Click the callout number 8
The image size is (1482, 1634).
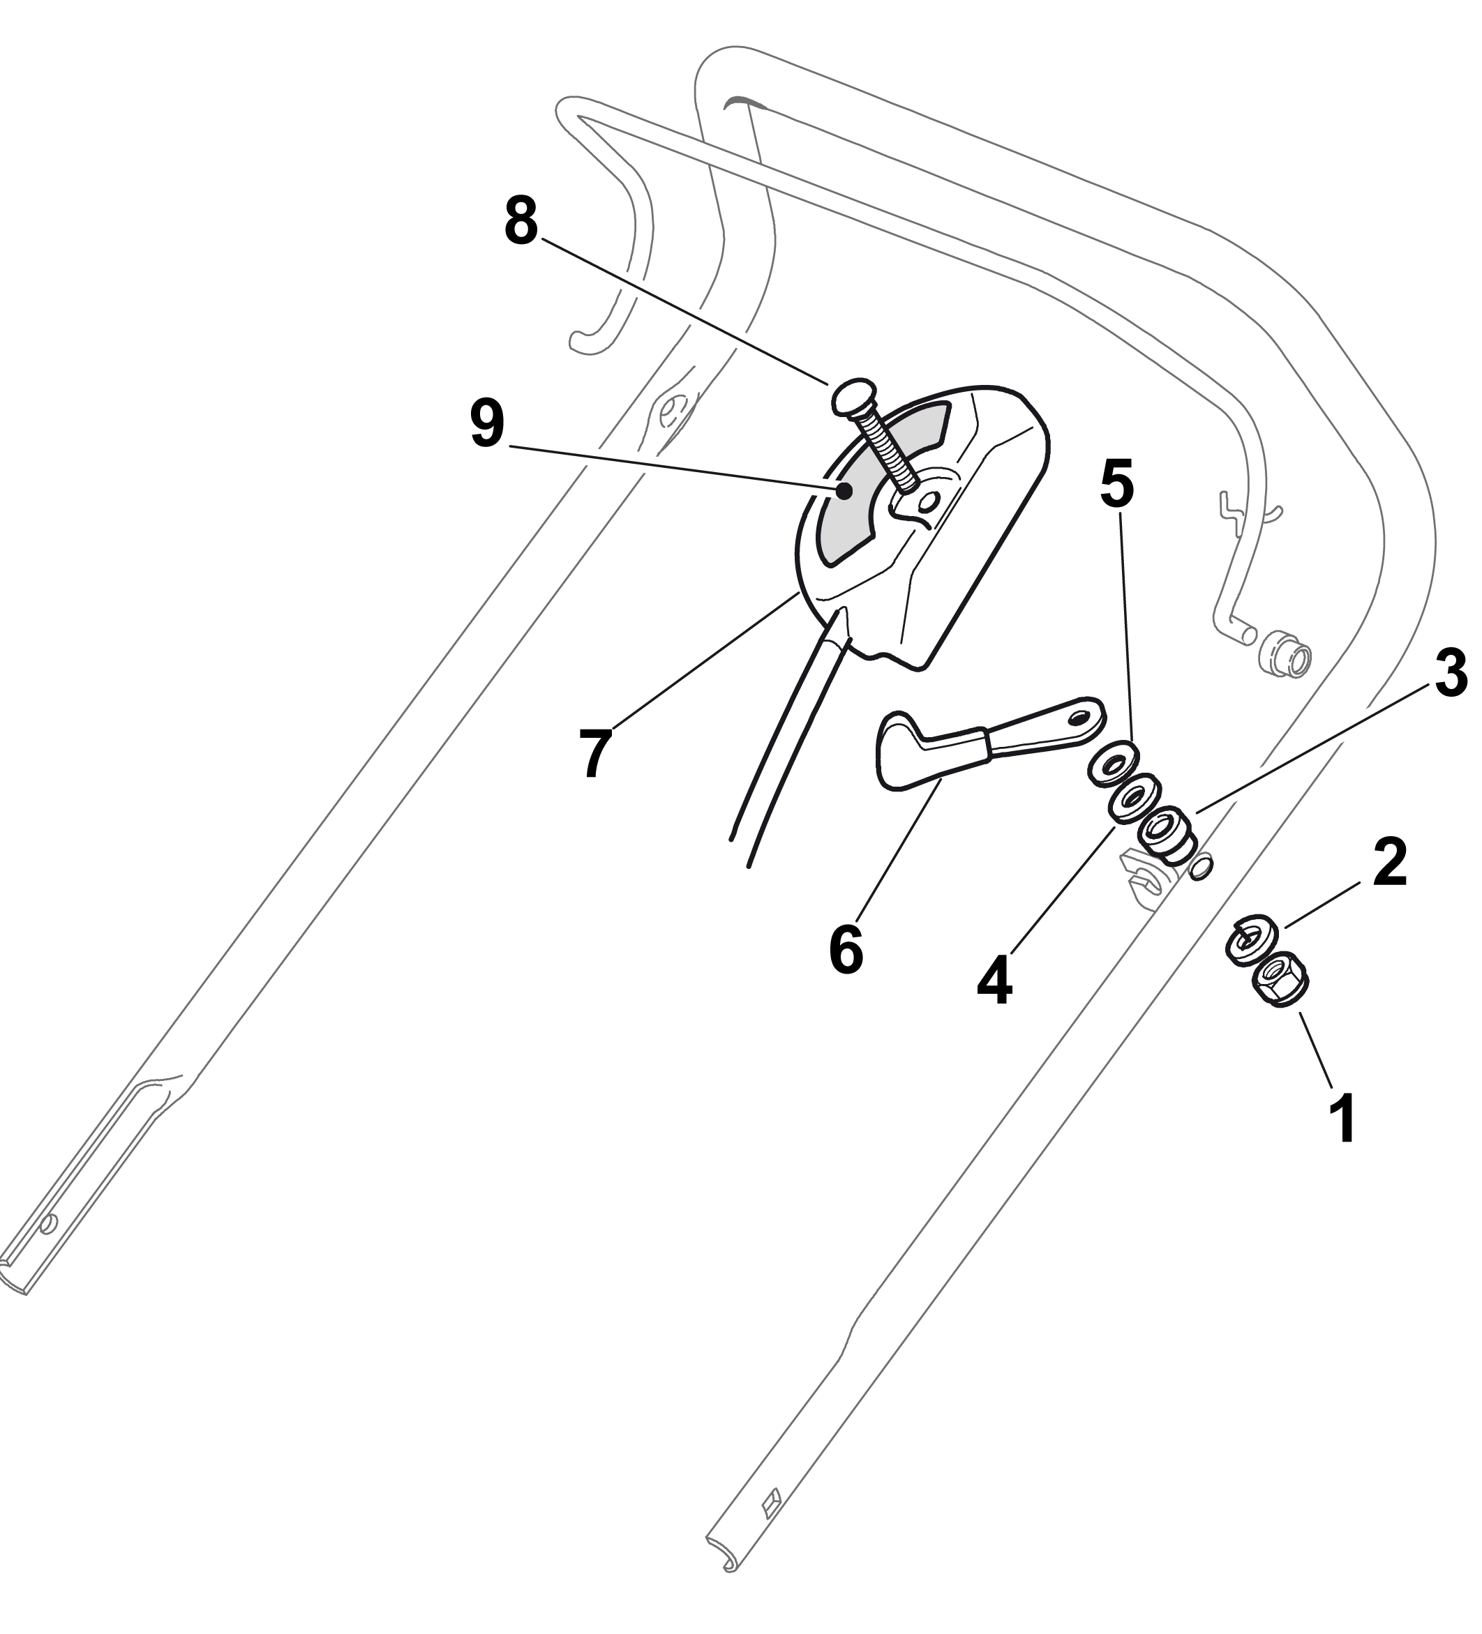pos(521,220)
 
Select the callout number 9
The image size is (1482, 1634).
pos(487,423)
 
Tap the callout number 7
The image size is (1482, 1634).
pos(596,753)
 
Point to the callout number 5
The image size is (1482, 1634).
pos(1117,484)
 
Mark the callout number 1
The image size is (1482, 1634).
pos(1346,1119)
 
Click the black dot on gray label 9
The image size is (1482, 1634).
pos(844,491)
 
